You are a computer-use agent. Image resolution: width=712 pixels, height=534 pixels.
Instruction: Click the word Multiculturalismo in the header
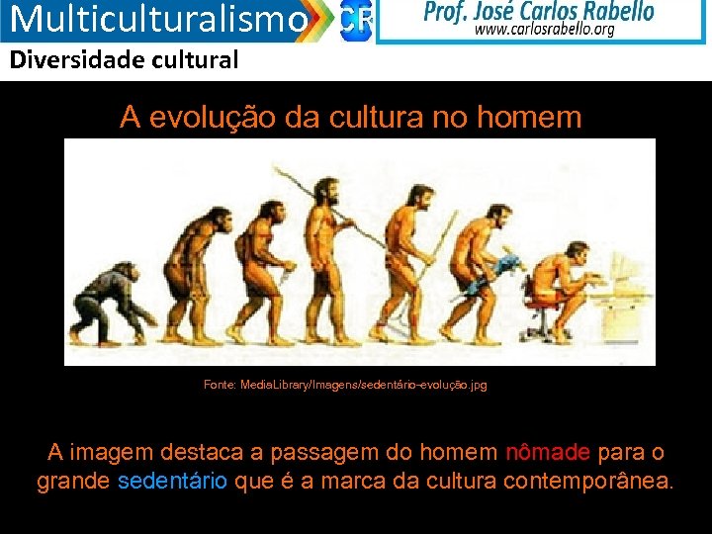tap(158, 19)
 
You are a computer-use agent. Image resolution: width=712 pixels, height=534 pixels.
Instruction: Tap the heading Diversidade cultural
tap(125, 60)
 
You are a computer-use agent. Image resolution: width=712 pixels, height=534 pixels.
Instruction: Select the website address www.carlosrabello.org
tap(545, 30)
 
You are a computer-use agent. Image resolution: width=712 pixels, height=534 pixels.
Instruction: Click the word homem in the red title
tap(529, 118)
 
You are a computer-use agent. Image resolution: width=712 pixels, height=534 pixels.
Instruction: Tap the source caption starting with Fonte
tap(345, 385)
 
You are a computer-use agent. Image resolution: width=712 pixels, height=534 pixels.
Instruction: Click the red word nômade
tap(548, 453)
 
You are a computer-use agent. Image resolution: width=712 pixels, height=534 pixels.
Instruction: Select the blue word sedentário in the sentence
tap(173, 482)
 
